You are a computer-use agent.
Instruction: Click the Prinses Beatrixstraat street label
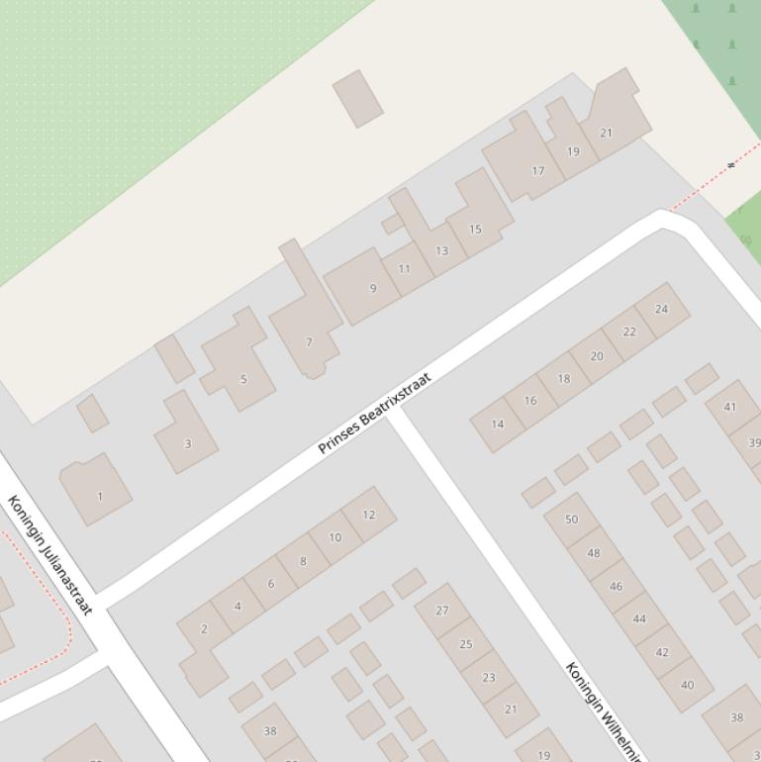(x=375, y=413)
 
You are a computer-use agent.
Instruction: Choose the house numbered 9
(x=372, y=288)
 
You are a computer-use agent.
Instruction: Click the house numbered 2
(x=204, y=628)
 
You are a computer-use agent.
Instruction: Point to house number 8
(x=303, y=561)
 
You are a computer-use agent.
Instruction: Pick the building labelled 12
(x=369, y=515)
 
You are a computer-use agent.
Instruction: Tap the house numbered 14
(x=497, y=424)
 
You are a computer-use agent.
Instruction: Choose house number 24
(x=661, y=309)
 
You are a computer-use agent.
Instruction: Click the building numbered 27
(x=441, y=611)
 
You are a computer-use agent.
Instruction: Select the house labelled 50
(x=571, y=519)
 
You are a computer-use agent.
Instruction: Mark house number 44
(x=638, y=619)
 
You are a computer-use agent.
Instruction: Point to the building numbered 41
(x=729, y=407)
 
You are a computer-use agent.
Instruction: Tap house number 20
(x=596, y=355)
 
